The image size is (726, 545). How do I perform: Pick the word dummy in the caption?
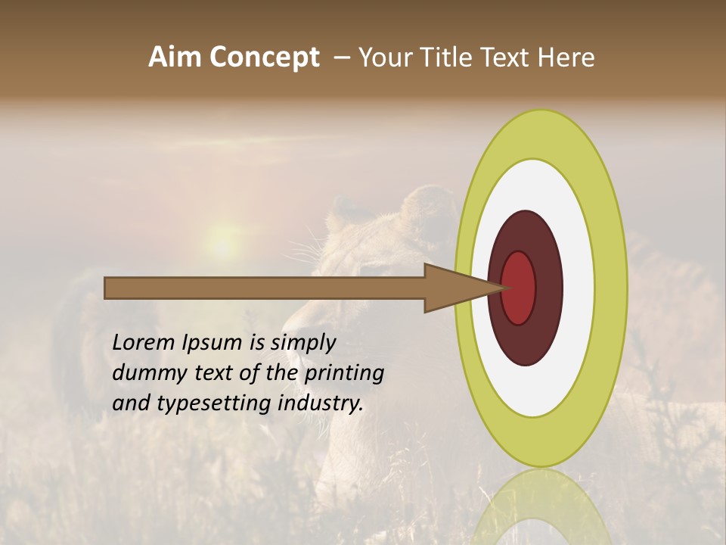(144, 373)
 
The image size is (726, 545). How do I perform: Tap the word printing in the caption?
(343, 373)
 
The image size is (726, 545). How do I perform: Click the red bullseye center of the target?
(520, 288)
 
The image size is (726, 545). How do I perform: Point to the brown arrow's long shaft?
(265, 288)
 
